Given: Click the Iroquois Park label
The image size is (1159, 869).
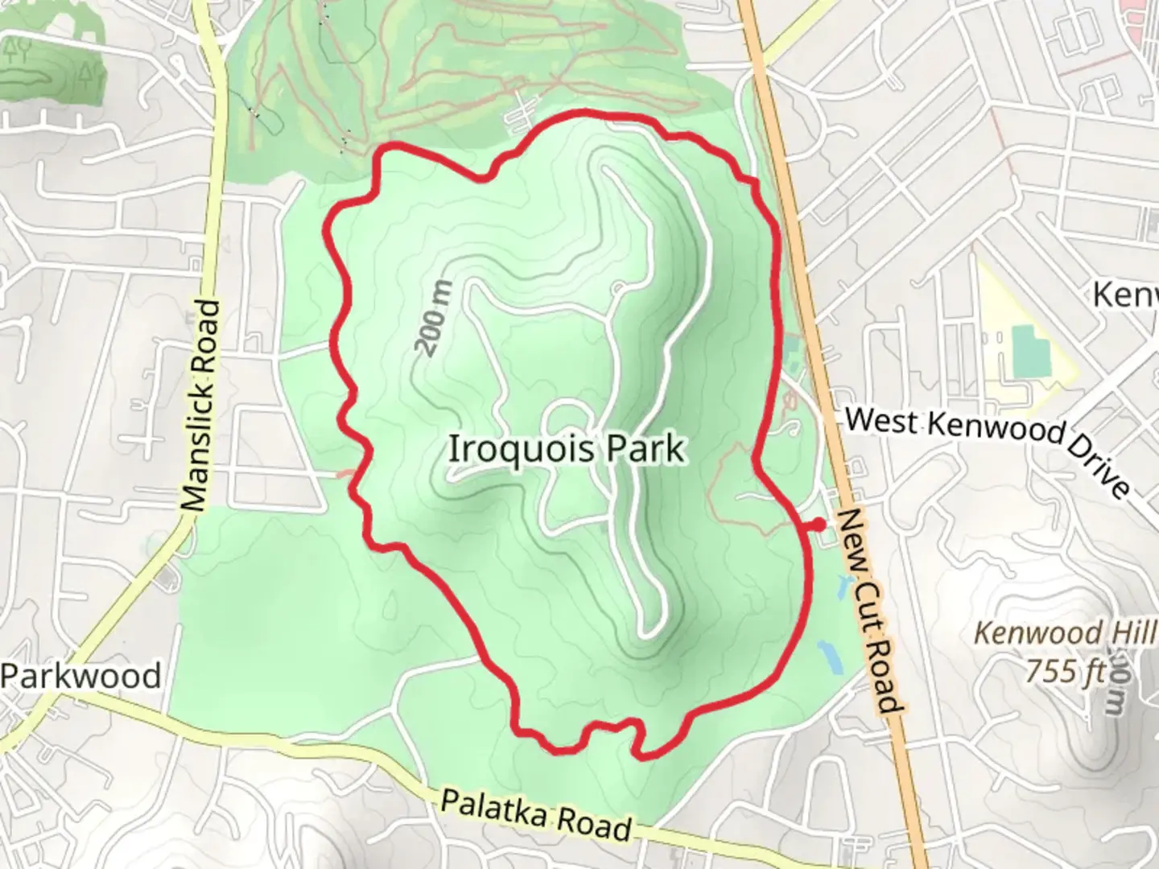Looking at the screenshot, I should click(x=566, y=448).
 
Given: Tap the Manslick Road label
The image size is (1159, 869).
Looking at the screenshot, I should click(x=200, y=406).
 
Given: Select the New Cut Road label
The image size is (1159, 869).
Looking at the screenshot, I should click(x=868, y=612).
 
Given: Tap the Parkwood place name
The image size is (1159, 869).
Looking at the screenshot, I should click(x=80, y=676).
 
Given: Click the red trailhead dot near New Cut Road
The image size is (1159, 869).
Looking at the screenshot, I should click(x=819, y=525).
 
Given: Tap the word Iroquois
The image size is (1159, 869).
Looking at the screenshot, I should click(x=514, y=448).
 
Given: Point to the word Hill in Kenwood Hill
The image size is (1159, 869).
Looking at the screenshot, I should click(x=1132, y=632).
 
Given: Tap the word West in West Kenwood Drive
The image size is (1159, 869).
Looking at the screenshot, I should click(x=882, y=420).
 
